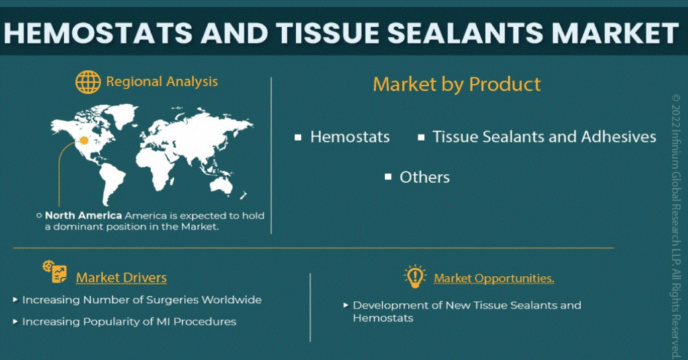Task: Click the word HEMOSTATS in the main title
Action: (x=98, y=34)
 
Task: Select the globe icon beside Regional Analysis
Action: (x=88, y=82)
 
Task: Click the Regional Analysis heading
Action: (x=162, y=81)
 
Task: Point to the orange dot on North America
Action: (x=84, y=141)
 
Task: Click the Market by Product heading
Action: (x=457, y=84)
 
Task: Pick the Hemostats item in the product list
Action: (x=349, y=137)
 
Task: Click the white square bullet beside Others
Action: (x=388, y=177)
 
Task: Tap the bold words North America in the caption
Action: (x=83, y=216)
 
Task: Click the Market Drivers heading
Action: (x=121, y=277)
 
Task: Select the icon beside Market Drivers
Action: (x=55, y=272)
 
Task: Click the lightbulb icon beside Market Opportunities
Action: (x=415, y=276)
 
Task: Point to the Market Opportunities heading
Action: (x=494, y=279)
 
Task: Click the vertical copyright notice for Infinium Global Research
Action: (x=676, y=227)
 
